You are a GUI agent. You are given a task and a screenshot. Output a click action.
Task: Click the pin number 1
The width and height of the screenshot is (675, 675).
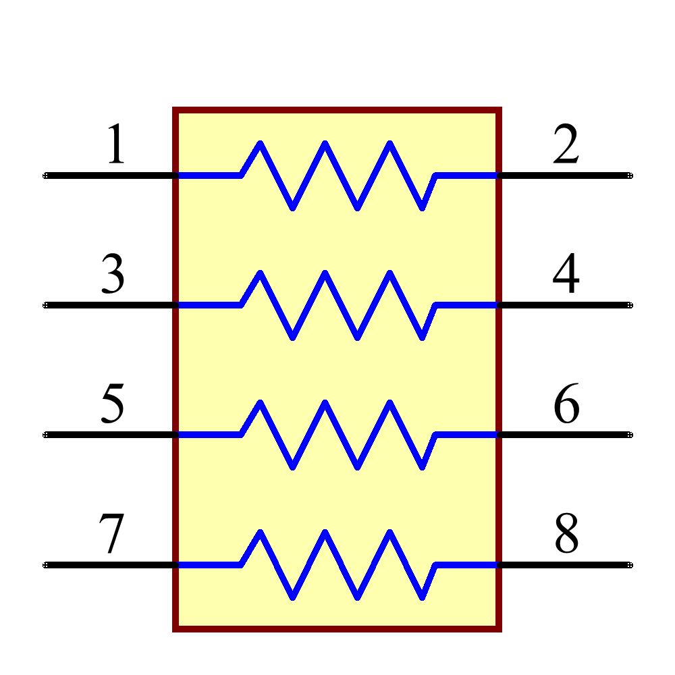point(117,144)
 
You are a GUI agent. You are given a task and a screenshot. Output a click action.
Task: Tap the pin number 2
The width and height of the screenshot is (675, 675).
point(566,144)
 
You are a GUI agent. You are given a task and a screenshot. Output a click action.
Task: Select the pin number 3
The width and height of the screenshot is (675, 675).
point(113,274)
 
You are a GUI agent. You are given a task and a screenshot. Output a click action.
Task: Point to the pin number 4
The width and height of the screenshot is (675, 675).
point(566,274)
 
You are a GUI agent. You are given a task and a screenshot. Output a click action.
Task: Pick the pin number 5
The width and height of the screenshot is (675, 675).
point(113,404)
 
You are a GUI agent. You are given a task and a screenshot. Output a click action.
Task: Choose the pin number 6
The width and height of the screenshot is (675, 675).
point(566,404)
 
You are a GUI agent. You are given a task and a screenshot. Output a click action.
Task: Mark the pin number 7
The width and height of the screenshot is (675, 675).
point(112,535)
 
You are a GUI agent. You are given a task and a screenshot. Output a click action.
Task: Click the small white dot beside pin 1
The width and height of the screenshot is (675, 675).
point(45,175)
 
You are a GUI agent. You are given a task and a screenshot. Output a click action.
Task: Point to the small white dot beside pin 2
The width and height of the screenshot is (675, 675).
point(630,175)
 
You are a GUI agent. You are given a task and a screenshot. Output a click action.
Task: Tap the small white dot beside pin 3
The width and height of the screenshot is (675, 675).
point(45,305)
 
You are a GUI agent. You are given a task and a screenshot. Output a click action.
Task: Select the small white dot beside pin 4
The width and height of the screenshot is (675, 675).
point(630,305)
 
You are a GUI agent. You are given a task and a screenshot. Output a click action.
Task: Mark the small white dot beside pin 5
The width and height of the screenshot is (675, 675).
point(45,435)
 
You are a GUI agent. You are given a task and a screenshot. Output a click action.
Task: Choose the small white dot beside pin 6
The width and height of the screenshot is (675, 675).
point(630,435)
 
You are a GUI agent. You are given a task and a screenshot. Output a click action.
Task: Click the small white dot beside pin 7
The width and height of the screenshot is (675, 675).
point(45,564)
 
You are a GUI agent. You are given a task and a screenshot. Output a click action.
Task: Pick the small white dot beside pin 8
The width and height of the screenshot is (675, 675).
point(630,564)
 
